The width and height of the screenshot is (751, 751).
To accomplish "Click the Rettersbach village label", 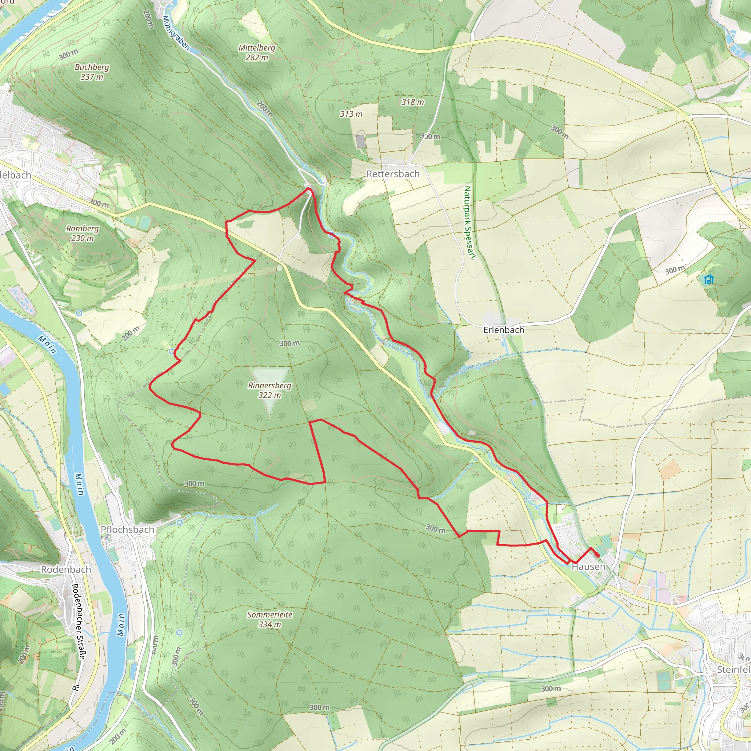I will (393, 174).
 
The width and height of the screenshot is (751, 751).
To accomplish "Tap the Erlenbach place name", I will (503, 330).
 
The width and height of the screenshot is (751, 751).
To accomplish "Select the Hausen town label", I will (588, 567).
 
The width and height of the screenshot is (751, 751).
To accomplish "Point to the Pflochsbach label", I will (128, 530).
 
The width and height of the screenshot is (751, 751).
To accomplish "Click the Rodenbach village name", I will (66, 569).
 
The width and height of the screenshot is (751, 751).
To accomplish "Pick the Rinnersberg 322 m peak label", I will (270, 390).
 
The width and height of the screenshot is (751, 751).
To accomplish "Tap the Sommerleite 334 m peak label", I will (270, 619).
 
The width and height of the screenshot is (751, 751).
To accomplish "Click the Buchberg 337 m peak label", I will (92, 72).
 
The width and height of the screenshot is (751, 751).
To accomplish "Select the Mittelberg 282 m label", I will (257, 52).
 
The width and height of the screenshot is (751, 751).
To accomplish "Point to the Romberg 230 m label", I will (82, 233).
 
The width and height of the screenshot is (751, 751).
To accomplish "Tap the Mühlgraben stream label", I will (176, 33).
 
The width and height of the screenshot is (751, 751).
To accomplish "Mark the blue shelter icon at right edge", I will (709, 279).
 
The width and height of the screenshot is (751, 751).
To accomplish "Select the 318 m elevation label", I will (413, 102).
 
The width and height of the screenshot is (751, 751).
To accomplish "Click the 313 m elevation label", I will (351, 114).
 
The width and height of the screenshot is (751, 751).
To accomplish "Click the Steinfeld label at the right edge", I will (733, 669).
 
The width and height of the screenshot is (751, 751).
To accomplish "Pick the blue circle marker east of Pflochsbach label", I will (179, 523).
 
